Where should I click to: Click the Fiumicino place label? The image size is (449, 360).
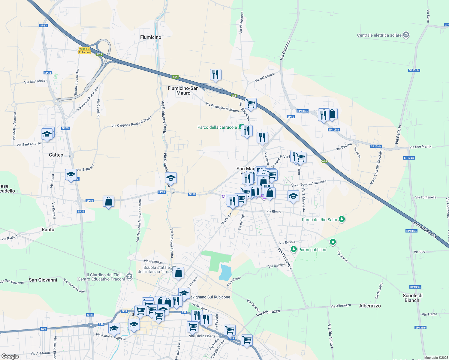tap(151, 37)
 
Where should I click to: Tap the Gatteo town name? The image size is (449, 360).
tap(56, 155)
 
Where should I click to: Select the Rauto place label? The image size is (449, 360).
tap(48, 229)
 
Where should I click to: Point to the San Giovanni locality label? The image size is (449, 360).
tap(43, 280)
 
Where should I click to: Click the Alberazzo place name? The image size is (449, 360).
tap(370, 306)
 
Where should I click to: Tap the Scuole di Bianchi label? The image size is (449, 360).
tap(412, 298)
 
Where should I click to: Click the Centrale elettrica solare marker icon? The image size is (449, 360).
tap(406, 35)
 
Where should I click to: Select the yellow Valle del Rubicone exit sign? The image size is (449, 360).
tap(84, 50)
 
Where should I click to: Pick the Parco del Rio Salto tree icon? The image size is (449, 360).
tap(342, 219)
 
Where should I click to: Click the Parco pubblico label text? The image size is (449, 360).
tap(312, 250)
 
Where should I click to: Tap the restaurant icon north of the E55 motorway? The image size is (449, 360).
tap(215, 75)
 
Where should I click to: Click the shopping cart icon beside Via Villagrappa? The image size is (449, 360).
tap(251, 103)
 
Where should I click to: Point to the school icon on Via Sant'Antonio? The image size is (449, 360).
tap(47, 134)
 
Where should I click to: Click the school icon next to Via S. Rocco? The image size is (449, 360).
tap(71, 175)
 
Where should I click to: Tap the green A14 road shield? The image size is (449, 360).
tap(324, 161)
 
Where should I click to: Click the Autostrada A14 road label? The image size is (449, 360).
tap(425, 230)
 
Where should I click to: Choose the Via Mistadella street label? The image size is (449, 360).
tap(35, 81)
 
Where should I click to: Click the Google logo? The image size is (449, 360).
tap(10, 356)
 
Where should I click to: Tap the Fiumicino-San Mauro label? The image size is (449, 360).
tap(183, 91)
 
